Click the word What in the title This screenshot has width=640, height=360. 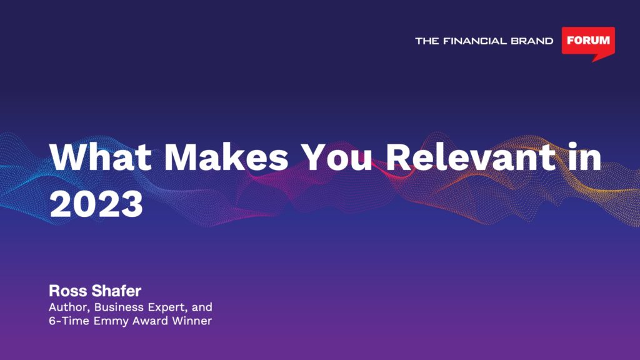(101, 157)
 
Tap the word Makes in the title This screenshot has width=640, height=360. (226, 157)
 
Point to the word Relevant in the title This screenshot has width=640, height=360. (471, 157)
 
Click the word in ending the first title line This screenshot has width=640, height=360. (584, 157)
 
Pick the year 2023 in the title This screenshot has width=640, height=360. (96, 204)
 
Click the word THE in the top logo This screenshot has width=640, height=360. (427, 41)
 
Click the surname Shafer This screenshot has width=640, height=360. (116, 291)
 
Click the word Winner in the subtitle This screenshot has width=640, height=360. (192, 321)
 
